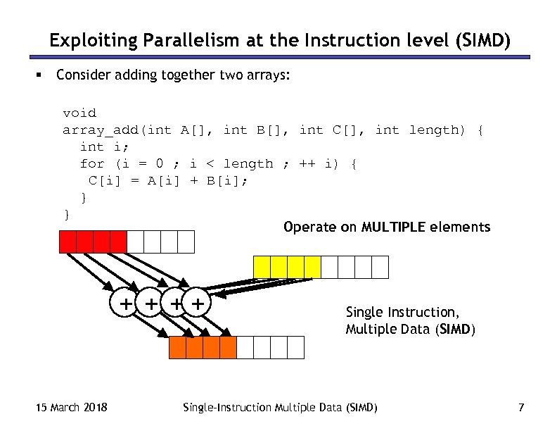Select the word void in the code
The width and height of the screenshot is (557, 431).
79,113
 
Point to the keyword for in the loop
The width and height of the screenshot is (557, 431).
92,163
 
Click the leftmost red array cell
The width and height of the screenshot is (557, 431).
68,242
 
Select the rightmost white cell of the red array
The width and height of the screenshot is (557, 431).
186,242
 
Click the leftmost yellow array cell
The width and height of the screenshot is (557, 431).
262,267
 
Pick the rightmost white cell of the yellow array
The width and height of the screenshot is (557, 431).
380,267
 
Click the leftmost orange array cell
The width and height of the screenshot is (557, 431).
177,347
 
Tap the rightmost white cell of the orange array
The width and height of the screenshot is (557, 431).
295,347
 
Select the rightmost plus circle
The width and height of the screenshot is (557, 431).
200,304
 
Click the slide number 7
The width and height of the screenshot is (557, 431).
520,407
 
